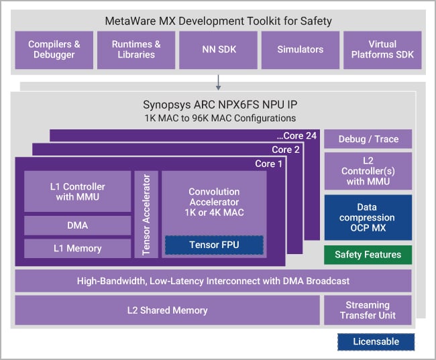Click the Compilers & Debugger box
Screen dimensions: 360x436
[54, 50]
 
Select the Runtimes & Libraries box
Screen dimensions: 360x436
[136, 50]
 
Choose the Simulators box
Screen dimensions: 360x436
[301, 50]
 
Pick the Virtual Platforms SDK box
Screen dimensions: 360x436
[383, 50]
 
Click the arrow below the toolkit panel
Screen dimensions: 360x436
[217, 82]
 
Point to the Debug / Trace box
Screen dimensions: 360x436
[368, 139]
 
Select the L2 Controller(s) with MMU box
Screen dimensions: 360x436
[368, 170]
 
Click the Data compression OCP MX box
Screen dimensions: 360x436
[368, 217]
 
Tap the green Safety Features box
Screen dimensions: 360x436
[368, 255]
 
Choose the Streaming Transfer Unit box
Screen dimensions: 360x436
[368, 310]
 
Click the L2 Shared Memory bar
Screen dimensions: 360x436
[167, 310]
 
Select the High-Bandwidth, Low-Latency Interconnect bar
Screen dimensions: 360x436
[213, 281]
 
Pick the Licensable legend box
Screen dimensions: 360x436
[376, 342]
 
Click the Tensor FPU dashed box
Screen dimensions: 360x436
[214, 245]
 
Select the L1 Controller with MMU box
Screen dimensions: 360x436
[78, 191]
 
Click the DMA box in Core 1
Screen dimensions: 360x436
[78, 225]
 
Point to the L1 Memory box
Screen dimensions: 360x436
[78, 249]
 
